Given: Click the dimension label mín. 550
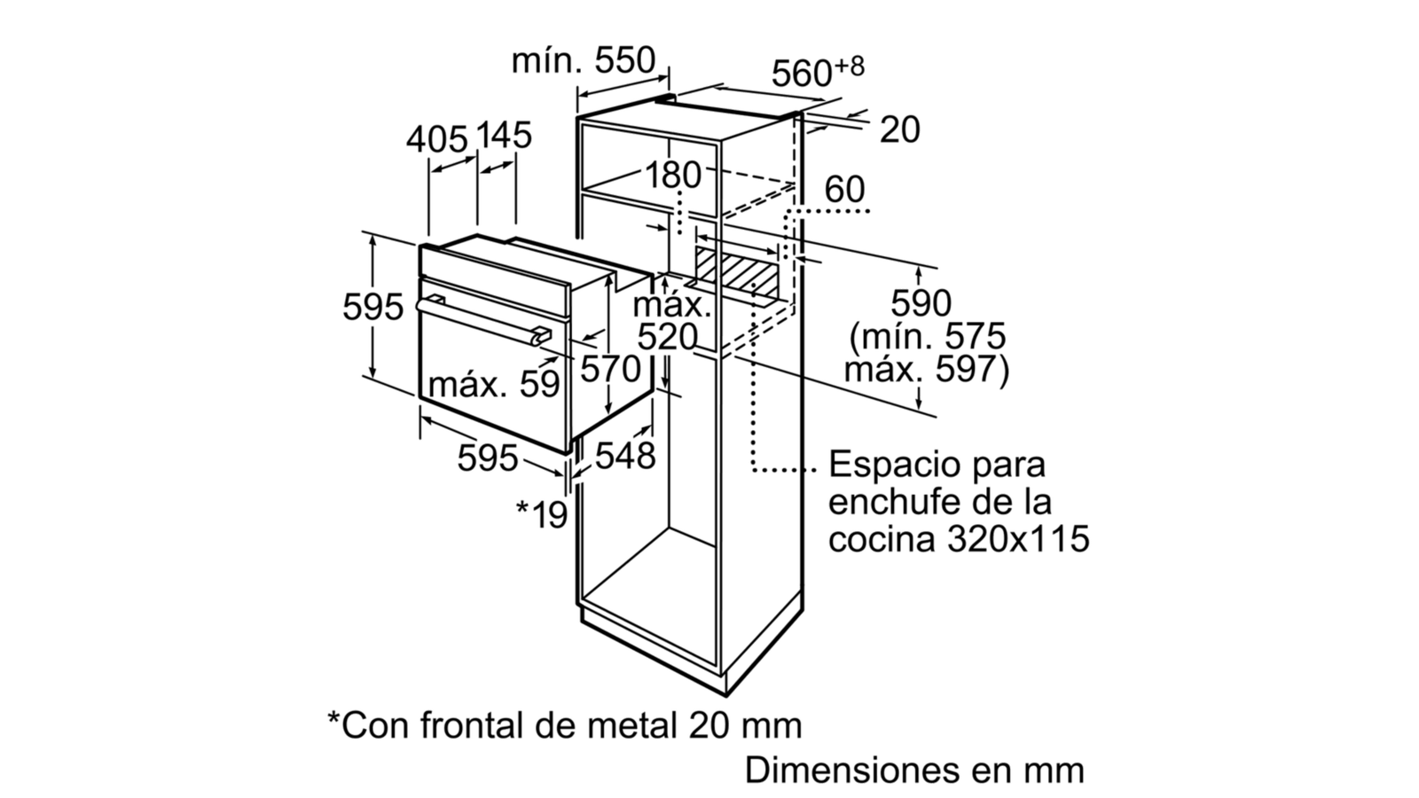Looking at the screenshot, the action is (x=583, y=61).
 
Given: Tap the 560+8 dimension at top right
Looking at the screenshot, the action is (x=818, y=72).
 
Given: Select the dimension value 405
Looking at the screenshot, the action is (x=436, y=139).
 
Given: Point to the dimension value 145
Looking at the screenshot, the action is (x=504, y=136).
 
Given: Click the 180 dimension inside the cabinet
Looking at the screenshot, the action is (x=673, y=175).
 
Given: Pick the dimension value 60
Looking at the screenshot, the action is (x=844, y=190).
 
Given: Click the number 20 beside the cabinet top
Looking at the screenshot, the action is (x=899, y=129).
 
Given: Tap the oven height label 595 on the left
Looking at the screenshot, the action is (x=372, y=307).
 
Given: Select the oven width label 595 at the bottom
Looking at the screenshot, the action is (x=487, y=458).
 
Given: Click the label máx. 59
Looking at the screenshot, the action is (x=494, y=384).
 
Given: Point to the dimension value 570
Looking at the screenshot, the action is (x=610, y=369).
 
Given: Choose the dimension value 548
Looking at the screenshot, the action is (x=624, y=456).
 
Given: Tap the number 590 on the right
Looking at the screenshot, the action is (x=921, y=303).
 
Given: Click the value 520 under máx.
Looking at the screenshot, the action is (x=666, y=337).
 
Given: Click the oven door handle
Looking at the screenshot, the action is (x=482, y=322).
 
